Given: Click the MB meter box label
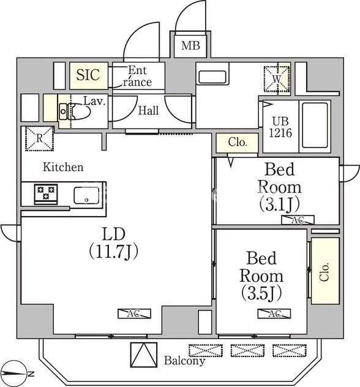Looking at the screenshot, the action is tap(190, 45).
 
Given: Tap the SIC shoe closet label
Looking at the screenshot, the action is tap(88, 75).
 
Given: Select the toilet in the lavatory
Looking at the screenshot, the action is tap(75, 111).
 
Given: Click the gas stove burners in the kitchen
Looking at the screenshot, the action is tap(46, 194).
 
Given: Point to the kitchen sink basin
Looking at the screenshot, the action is tap(86, 195).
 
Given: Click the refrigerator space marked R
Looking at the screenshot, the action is tap(39, 138).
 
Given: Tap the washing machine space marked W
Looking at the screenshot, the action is tap(277, 79).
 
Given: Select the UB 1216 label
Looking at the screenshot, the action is tap(280, 127).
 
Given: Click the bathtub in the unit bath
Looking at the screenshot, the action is tap(315, 126).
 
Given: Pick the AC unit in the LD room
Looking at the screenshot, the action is tap(134, 314).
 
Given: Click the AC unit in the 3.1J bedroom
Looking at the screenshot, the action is tap(298, 220).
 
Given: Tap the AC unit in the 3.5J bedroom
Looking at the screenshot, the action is tap(274, 314).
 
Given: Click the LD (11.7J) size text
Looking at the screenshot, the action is tap(113, 243).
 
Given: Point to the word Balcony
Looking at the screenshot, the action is tap(184, 361).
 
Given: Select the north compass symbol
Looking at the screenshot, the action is tap(16, 374).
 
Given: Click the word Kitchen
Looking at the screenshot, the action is tap(63, 167).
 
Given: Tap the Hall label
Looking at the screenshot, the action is tap(148, 111).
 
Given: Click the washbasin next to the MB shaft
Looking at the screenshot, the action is tap(212, 77).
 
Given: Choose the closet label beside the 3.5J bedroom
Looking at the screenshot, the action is tap(324, 271).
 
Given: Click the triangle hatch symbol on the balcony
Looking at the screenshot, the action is tap(144, 355).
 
